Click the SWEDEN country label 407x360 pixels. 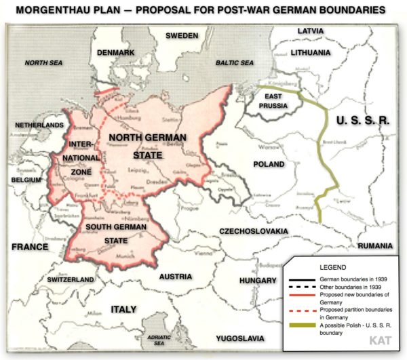(x=182, y=35)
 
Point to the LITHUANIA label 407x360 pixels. (x=317, y=52)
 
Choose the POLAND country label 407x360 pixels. (x=269, y=164)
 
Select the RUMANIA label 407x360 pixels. (x=376, y=245)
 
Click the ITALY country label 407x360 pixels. (x=124, y=309)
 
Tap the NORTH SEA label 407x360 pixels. (x=44, y=62)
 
